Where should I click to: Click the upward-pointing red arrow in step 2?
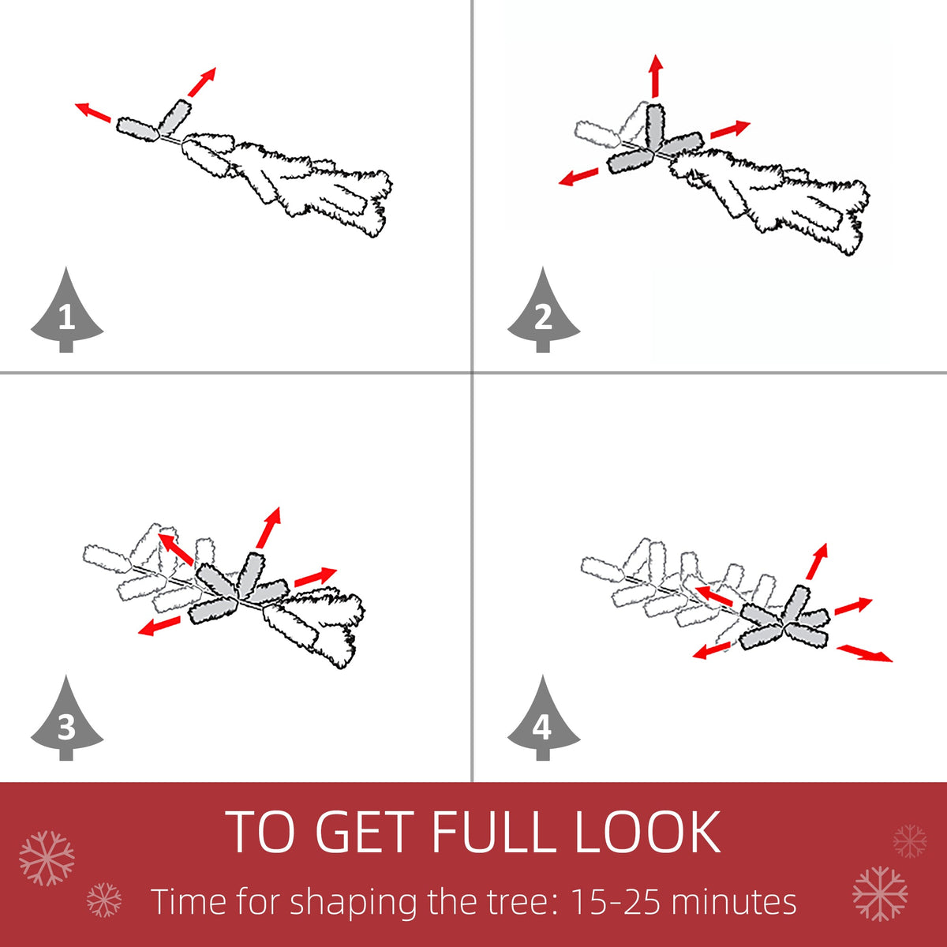(x=656, y=77)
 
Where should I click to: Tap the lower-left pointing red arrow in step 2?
(x=578, y=177)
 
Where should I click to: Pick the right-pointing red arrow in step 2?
(x=730, y=129)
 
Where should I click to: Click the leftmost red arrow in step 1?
(x=92, y=111)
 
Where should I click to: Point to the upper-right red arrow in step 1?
(x=201, y=82)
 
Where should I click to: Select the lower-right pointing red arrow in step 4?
(x=864, y=653)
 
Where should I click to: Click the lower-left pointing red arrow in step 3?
(x=159, y=626)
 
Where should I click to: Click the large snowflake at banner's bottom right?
(x=880, y=894)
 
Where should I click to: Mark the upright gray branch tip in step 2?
(x=656, y=125)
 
